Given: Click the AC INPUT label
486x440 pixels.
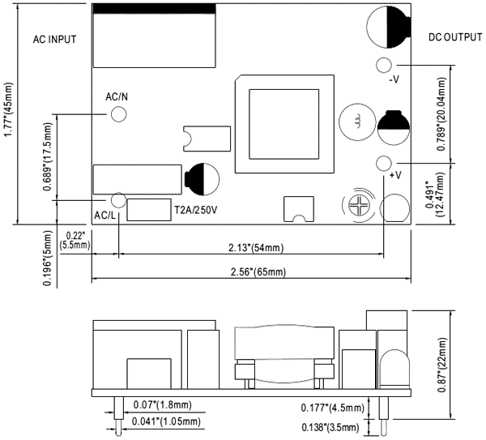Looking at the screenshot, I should click(53, 38).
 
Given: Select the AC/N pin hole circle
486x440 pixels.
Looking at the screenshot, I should click(119, 113).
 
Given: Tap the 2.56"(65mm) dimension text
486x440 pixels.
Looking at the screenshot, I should click(253, 271).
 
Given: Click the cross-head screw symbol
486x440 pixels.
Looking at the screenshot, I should click(359, 207).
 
